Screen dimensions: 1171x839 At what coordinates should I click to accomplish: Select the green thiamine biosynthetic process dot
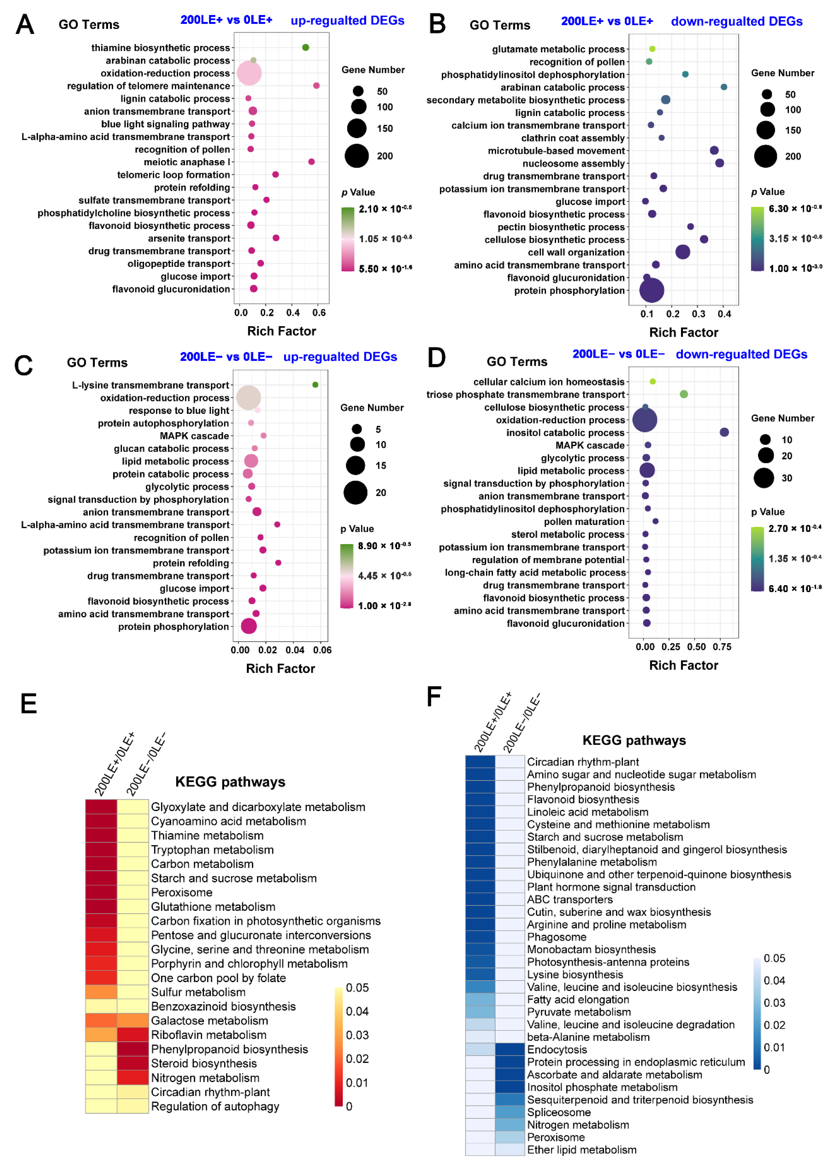[x=306, y=47]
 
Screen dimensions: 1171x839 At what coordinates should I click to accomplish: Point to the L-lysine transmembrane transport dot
[x=315, y=385]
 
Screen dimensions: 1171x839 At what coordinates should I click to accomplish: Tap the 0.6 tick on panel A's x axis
[x=319, y=312]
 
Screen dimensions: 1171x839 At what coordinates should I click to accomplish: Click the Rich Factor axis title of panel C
[x=280, y=669]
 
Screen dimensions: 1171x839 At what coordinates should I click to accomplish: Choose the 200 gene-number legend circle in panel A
[x=356, y=156]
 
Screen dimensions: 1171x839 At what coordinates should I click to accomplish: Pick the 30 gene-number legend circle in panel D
[x=764, y=478]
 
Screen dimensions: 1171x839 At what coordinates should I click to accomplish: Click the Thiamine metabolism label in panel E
[x=207, y=835]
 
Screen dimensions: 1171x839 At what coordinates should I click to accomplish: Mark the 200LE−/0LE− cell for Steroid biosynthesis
[x=133, y=1064]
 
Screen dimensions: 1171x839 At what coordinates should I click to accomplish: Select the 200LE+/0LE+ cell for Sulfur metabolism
[x=101, y=992]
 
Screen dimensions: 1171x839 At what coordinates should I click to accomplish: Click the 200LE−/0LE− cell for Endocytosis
[x=510, y=1050]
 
